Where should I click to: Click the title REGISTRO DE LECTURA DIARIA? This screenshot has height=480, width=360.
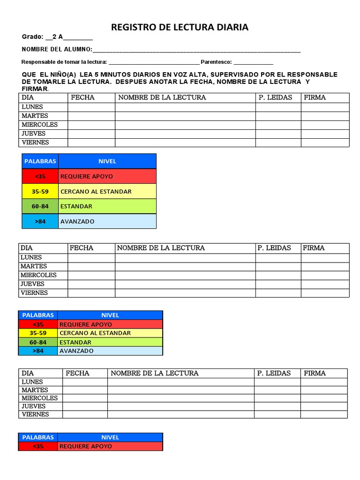click(180, 27)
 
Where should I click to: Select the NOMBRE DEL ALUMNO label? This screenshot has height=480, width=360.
click(56, 50)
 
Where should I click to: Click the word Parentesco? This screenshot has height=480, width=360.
click(216, 62)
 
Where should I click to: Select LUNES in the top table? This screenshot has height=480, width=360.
click(32, 107)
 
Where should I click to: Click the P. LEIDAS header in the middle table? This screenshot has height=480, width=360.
click(274, 248)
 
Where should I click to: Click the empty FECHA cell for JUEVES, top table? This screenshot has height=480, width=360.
click(91, 134)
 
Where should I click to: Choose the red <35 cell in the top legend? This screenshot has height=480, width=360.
click(40, 176)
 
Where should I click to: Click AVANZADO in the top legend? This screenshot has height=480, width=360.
click(77, 221)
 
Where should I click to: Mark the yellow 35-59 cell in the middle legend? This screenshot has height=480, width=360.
click(38, 333)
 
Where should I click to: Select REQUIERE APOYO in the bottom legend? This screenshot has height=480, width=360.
click(86, 446)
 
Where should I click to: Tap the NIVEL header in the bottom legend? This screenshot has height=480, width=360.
click(110, 437)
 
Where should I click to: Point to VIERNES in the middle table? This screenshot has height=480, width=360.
click(34, 293)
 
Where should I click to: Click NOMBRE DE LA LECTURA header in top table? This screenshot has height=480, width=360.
click(162, 97)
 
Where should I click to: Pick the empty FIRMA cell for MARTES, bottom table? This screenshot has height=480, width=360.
click(324, 390)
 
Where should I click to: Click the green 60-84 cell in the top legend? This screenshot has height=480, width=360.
click(40, 206)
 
